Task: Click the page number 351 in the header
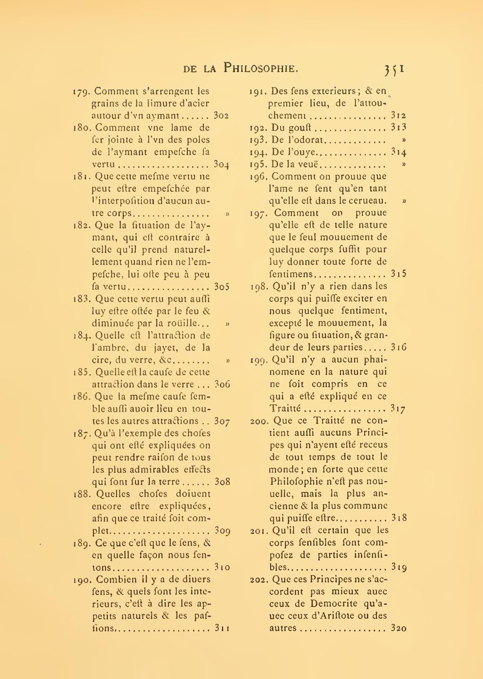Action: click(394, 69)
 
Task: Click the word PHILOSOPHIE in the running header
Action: click(260, 68)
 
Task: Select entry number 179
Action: click(83, 91)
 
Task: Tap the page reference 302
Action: click(221, 115)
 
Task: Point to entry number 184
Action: click(83, 336)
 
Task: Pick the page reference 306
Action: click(222, 384)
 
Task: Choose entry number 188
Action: click(83, 494)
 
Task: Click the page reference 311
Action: click(222, 628)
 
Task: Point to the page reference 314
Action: click(399, 152)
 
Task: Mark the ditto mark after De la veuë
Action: click(404, 164)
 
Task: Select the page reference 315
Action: click(399, 274)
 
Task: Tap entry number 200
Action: click(259, 421)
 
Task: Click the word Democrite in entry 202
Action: click(332, 604)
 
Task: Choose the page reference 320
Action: click(399, 628)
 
